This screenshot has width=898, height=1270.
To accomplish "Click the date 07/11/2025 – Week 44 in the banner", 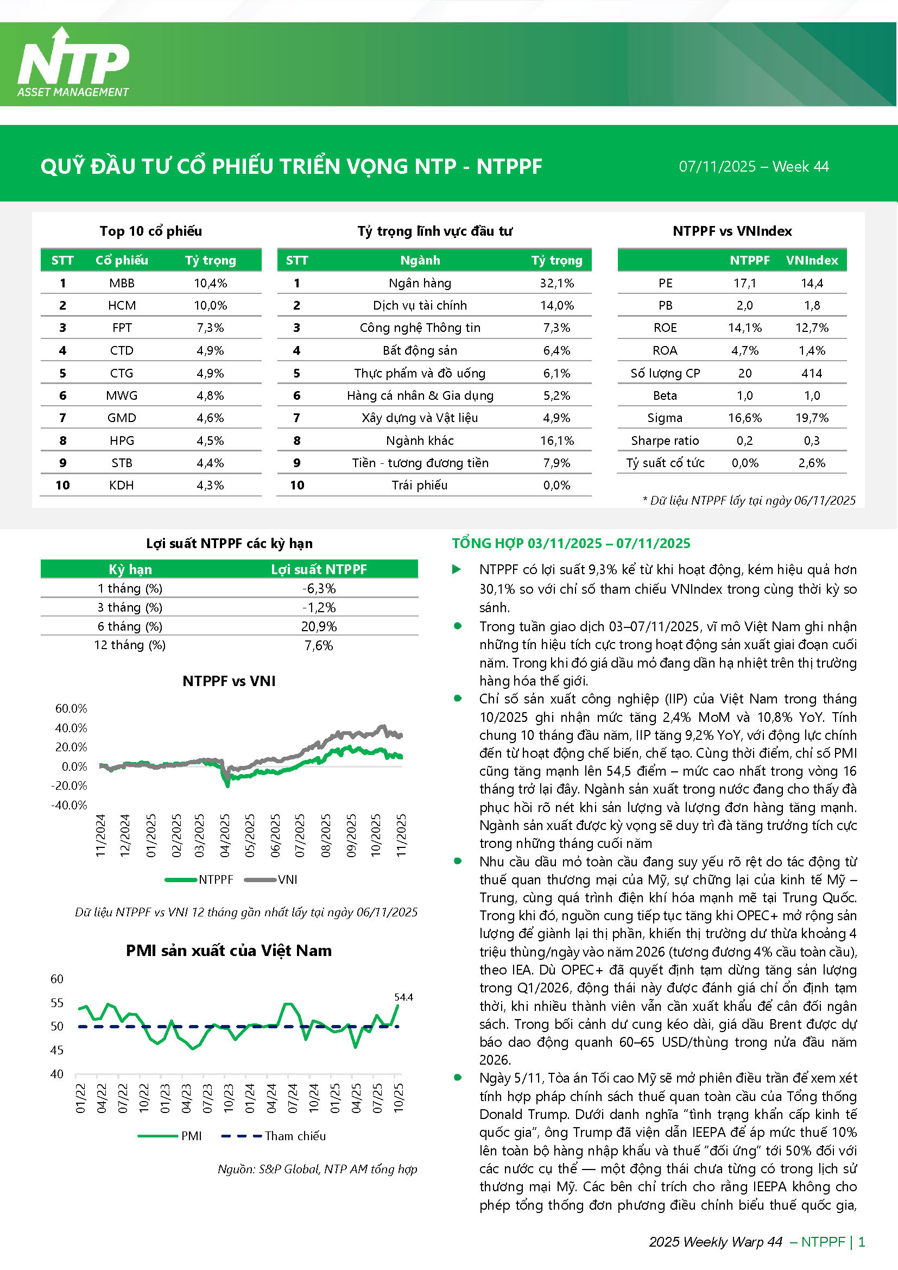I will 753,167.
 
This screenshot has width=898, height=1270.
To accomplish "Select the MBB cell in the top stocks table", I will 122,283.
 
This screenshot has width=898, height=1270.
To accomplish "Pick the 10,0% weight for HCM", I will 210,305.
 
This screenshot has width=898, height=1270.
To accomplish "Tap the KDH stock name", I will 122,485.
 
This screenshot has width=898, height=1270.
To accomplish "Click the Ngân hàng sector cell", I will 420,283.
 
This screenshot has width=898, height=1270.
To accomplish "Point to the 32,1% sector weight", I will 557,283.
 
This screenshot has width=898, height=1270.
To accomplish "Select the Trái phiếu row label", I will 420,485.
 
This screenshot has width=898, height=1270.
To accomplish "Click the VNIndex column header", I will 812,260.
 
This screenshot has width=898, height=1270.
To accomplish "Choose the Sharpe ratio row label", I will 665,441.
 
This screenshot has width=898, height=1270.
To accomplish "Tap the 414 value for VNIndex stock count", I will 812,373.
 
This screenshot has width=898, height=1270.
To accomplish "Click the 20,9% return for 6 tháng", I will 319,626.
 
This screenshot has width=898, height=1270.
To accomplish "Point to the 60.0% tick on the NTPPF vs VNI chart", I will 71,708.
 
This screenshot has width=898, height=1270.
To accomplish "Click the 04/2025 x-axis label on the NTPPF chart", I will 225,835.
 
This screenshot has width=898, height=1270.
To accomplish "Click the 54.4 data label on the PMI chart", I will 403,997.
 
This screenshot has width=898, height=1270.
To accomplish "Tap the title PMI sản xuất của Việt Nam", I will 229,950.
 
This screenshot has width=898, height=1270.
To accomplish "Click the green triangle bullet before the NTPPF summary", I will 457,569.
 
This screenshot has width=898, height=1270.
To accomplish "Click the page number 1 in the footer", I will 862,1242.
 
